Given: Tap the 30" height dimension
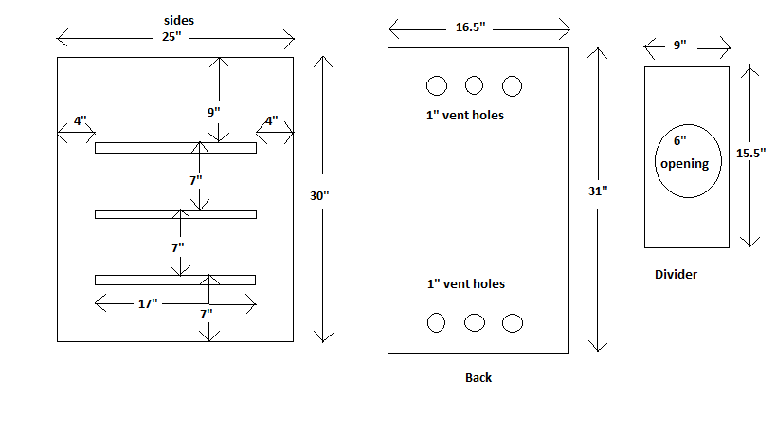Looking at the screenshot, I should point(319,196).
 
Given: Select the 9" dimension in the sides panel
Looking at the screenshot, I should point(213,112).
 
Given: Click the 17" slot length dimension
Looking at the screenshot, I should point(148,303).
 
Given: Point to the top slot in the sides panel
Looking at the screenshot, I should point(175,148).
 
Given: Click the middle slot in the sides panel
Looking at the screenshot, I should point(175,214).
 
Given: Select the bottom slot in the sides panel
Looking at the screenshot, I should point(175,280).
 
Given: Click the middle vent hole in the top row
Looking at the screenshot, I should point(475,85).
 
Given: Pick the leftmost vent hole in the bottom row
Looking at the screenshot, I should point(436,322).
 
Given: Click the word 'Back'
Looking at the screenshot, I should point(478,377).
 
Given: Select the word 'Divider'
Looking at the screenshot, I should point(676,275).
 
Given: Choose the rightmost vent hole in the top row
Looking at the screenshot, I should point(513,85).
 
